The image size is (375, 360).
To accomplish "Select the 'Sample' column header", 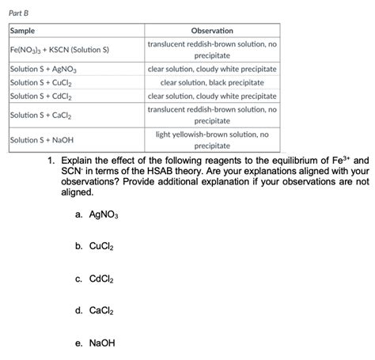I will (23, 30).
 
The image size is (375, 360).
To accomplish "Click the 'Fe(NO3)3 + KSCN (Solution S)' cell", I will (59, 50).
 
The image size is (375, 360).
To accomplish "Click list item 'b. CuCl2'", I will (97, 246).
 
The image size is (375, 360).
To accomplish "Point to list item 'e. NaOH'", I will (97, 343).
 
